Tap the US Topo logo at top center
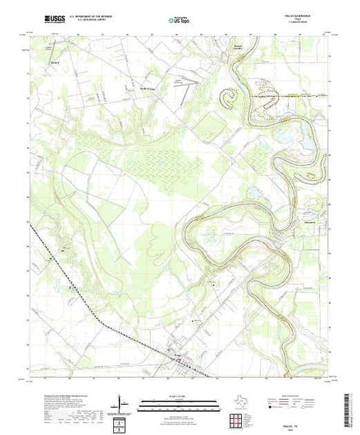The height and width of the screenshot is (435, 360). coord(180,21)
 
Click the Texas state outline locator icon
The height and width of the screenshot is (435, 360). coord(237,403)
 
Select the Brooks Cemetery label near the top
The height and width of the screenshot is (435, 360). coord(219,49)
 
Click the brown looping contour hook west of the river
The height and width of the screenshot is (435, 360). coord(229,97)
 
